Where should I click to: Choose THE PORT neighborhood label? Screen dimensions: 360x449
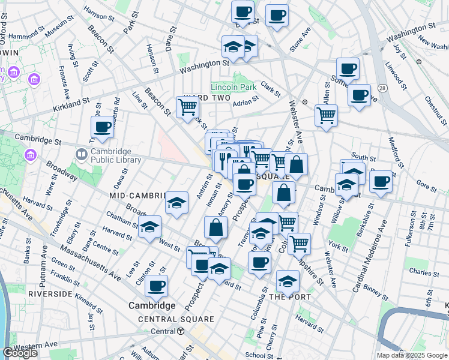pyautogui.click(x=290, y=297)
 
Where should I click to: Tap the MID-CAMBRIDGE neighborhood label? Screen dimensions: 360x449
pyautogui.click(x=137, y=196)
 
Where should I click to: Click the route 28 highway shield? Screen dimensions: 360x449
pyautogui.click(x=382, y=71)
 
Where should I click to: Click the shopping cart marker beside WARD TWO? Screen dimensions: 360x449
pyautogui.click(x=187, y=107)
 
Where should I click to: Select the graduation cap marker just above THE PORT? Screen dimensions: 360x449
pyautogui.click(x=288, y=280)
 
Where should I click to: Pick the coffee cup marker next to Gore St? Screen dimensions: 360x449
pyautogui.click(x=381, y=181)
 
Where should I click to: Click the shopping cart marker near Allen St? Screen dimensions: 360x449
pyautogui.click(x=326, y=115)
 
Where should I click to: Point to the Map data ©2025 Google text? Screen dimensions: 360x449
pyautogui.click(x=412, y=355)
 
